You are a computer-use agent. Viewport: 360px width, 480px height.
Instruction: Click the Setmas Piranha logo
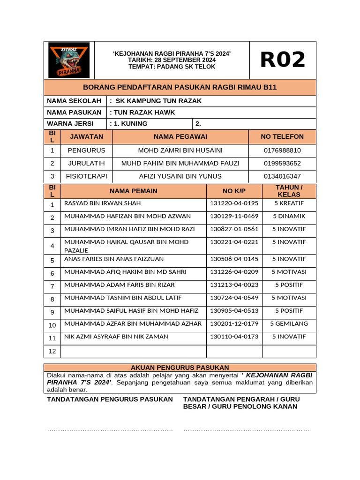coord(69,60)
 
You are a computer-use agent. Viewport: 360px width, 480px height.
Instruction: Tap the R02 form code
coord(282,60)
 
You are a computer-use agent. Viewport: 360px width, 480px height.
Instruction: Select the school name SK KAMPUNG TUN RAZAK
coord(158,101)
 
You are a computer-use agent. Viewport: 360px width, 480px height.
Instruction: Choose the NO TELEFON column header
coord(282,137)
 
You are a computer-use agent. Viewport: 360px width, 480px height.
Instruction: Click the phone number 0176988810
coord(282,150)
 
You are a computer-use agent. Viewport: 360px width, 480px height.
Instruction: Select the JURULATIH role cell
coord(86,163)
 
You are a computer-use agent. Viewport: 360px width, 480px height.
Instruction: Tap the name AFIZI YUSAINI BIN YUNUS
coord(180,176)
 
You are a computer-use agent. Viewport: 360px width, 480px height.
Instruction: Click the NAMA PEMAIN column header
coord(134,191)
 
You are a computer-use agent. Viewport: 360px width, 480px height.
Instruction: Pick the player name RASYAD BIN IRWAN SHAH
coord(102,203)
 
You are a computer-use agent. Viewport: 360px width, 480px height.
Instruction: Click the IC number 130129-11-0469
coord(234,216)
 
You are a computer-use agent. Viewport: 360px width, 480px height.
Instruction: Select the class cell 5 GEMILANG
coord(289,323)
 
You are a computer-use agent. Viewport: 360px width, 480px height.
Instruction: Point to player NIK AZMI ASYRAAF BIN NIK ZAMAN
coord(116,337)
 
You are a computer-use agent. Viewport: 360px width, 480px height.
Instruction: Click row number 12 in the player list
coord(52,351)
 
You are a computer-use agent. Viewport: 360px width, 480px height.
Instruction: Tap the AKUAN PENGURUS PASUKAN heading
coord(180,367)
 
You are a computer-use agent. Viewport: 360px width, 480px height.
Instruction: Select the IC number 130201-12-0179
coord(234,323)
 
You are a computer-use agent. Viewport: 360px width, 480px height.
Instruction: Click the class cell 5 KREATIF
coord(289,203)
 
